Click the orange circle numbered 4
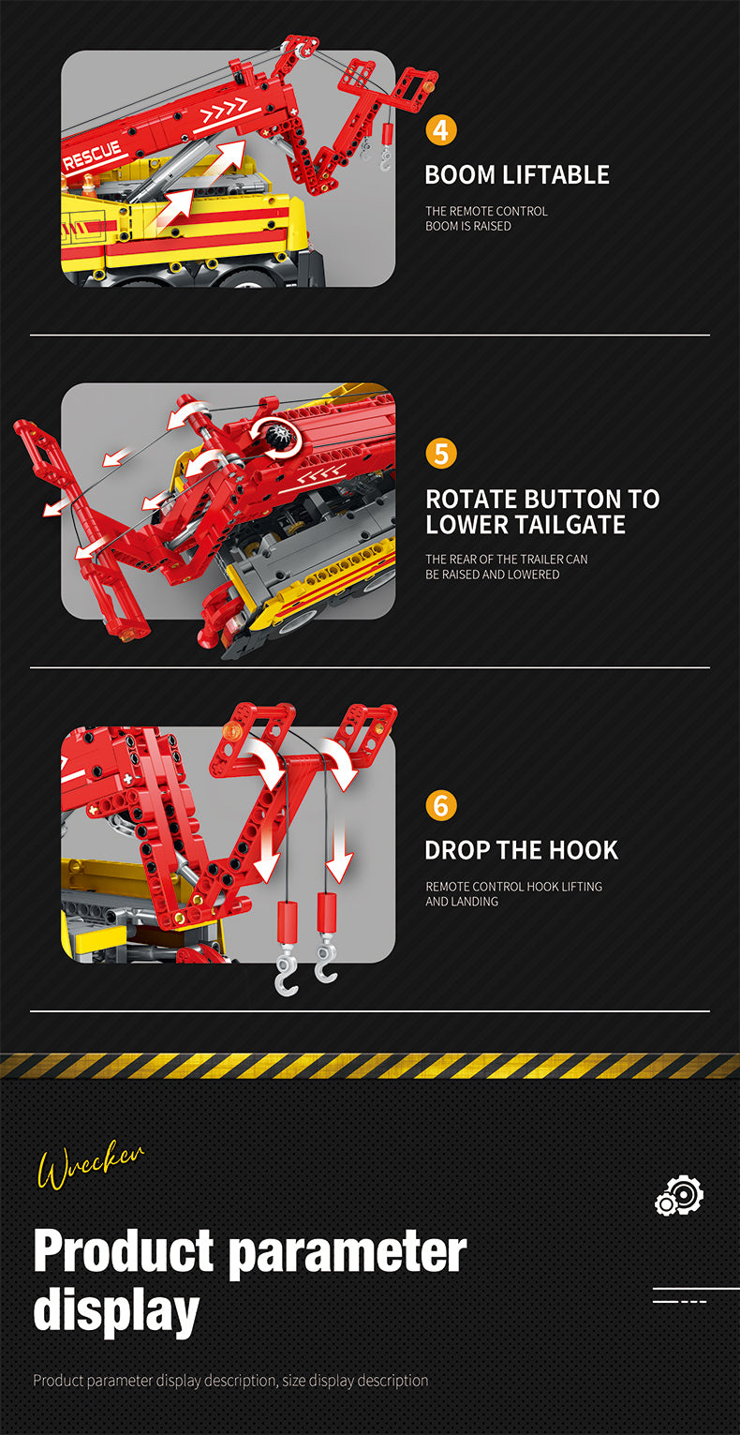pos(441,130)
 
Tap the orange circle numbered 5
pos(441,454)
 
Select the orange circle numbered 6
pos(441,805)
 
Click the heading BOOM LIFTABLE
pos(517,175)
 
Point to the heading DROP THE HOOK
pos(522,850)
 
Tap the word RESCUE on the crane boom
pos(92,156)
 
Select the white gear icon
pos(679,1195)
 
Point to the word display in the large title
pos(116,1312)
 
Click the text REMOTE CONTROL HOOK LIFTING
pos(514,887)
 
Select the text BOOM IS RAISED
pos(468,226)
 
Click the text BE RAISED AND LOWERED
pos(493,575)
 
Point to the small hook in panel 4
pos(385,159)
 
